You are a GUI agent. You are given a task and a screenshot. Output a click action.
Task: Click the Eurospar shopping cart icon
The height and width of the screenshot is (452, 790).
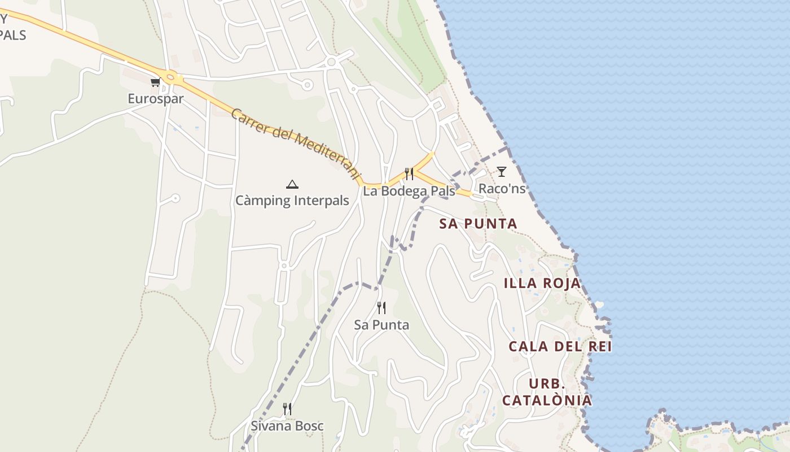(x=155, y=82)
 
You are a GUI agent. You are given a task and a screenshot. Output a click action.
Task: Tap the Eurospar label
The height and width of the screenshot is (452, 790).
(x=156, y=98)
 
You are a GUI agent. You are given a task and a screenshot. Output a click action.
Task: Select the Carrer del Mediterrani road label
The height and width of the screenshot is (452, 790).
(x=295, y=144)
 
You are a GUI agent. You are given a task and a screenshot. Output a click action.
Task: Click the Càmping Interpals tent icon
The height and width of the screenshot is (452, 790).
(x=292, y=184)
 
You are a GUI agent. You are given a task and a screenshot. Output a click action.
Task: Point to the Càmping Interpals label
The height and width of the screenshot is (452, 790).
(x=292, y=201)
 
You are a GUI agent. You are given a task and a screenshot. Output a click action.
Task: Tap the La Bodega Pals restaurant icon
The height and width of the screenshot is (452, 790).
(x=409, y=174)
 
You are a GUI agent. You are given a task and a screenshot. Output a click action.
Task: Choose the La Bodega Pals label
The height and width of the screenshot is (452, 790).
(x=409, y=191)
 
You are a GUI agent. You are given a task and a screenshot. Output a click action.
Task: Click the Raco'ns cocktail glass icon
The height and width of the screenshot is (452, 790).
(x=501, y=172)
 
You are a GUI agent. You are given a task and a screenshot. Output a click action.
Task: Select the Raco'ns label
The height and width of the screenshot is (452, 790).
(x=502, y=189)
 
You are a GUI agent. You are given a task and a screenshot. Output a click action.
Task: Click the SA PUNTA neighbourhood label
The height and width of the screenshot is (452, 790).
(x=478, y=224)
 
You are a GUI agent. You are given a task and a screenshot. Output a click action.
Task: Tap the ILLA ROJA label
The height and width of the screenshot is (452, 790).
(x=542, y=283)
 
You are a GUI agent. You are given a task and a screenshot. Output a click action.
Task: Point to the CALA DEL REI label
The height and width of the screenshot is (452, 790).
(x=560, y=346)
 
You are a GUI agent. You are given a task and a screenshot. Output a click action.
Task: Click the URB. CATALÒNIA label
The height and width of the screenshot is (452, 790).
(x=547, y=392)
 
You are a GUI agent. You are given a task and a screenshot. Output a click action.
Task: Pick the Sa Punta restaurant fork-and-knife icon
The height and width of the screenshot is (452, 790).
(x=381, y=308)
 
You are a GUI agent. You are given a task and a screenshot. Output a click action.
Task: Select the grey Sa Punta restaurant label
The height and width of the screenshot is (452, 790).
(x=381, y=325)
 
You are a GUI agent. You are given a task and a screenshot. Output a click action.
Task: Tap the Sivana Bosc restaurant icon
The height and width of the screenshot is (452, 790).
(x=287, y=409)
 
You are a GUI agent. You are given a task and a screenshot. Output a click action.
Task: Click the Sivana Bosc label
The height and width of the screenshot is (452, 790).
(x=287, y=426)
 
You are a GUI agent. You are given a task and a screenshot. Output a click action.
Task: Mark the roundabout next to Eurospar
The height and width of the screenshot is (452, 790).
(x=171, y=77)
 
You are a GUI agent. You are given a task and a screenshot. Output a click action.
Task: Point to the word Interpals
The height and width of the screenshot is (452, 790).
(x=321, y=201)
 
